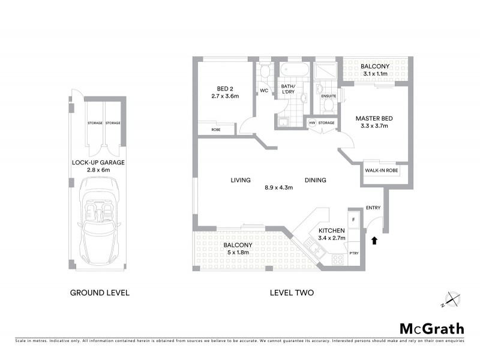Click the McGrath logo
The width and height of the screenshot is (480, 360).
tap(432, 328)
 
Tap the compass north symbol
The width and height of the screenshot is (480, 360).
tap(452, 299)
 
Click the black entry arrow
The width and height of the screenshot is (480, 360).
tap(375, 240)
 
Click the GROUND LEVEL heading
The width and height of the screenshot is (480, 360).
tap(100, 293)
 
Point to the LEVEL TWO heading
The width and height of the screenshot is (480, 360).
tap(292, 293)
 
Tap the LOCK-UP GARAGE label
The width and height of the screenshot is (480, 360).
tap(98, 163)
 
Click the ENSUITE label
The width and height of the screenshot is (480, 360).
tap(328, 96)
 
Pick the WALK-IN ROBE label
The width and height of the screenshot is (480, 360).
tap(382, 170)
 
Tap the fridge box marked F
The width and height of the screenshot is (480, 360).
tap(354, 220)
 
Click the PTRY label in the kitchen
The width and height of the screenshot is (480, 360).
tap(354, 254)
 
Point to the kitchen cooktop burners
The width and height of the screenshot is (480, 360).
tap(338, 260)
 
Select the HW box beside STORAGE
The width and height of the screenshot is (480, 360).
tap(312, 123)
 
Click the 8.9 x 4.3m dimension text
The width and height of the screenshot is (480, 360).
tap(278, 188)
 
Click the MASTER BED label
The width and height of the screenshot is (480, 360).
tap(373, 118)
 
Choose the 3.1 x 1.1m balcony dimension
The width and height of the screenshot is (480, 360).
tap(376, 74)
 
